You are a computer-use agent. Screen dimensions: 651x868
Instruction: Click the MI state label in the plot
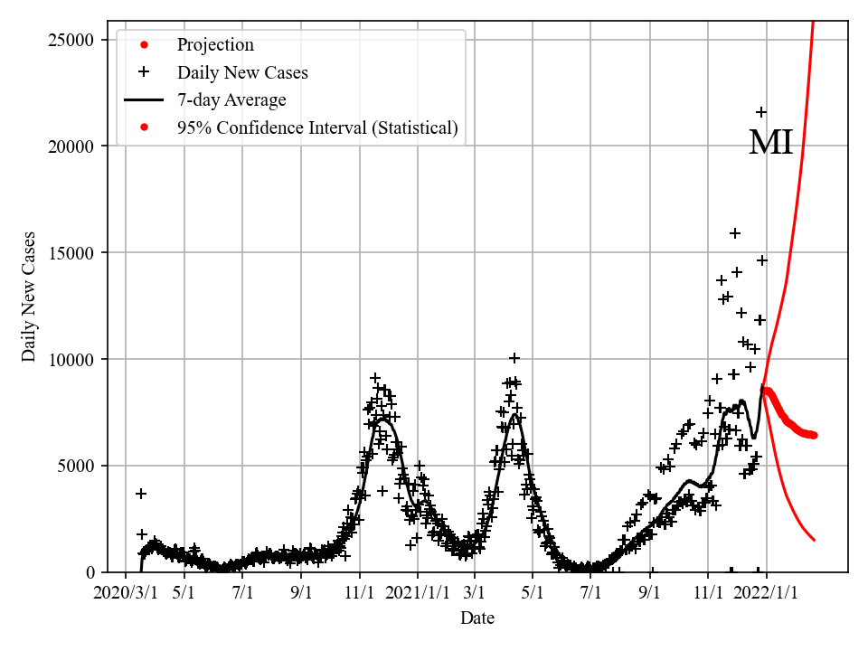[x=770, y=143]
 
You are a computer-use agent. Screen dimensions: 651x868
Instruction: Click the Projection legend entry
[x=215, y=45]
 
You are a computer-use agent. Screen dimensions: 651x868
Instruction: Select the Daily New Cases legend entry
[x=242, y=72]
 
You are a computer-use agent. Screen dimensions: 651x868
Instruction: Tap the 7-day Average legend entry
[x=231, y=100]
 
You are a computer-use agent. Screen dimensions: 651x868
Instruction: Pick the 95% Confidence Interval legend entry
[x=317, y=128]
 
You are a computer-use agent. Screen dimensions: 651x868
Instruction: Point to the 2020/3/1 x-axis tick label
[x=127, y=593]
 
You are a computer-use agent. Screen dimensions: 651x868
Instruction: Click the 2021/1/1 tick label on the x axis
[x=419, y=593]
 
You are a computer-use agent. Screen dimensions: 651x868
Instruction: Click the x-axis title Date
[x=476, y=618]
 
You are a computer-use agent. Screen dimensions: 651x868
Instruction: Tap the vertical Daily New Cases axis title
[x=30, y=297]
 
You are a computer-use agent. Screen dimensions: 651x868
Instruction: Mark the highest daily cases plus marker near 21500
[x=761, y=112]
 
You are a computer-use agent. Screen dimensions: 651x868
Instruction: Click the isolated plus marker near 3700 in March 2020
[x=141, y=494]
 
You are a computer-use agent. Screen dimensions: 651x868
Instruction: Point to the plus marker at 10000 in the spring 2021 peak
[x=514, y=359]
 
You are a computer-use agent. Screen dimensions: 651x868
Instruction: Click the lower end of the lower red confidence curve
[x=815, y=541]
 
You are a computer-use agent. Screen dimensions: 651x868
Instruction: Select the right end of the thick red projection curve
[x=815, y=435]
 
